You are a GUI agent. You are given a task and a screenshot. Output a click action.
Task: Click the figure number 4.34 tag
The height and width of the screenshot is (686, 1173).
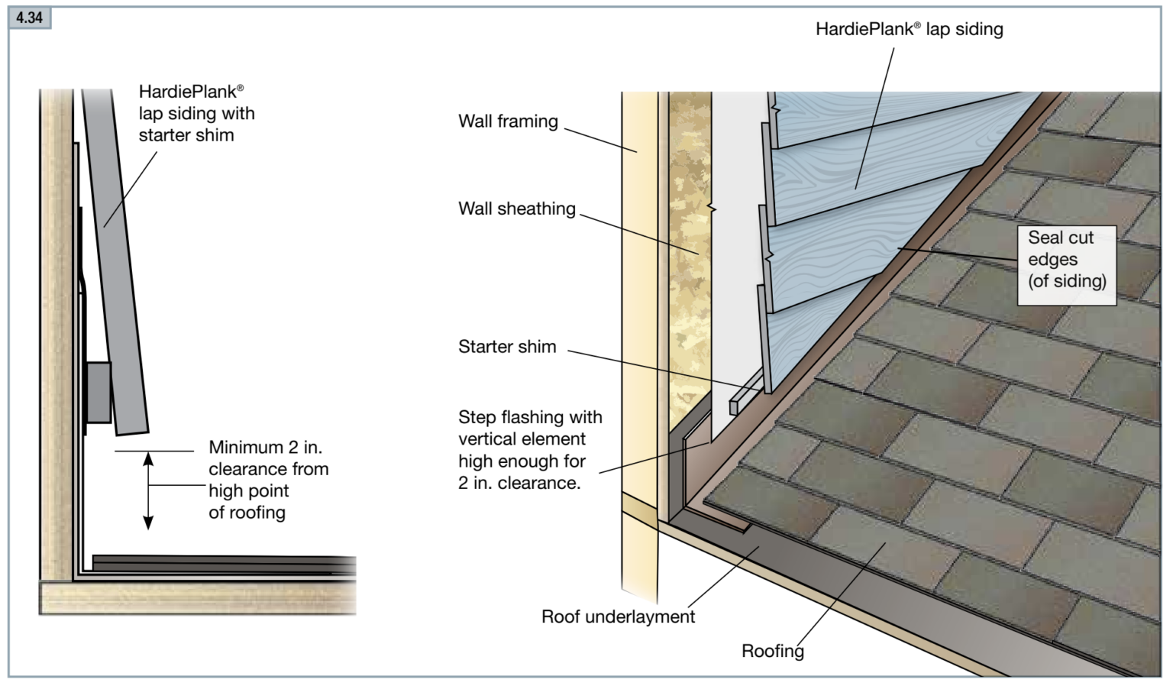pos(29,17)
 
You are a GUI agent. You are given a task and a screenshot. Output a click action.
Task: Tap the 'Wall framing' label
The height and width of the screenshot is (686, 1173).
pos(508,121)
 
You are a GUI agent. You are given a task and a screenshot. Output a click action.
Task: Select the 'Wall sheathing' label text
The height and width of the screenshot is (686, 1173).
pos(516,209)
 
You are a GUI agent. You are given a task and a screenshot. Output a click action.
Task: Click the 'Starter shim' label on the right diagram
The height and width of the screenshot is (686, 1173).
pos(507,347)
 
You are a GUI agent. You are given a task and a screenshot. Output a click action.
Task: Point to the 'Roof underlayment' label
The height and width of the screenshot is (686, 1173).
pos(618,616)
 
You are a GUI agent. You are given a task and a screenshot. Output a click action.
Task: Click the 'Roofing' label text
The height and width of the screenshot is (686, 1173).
pos(772,651)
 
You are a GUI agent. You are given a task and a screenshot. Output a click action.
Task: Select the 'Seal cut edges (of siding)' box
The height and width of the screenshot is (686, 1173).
pos(1066,260)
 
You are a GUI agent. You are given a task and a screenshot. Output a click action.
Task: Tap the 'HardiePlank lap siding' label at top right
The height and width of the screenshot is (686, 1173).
pos(909,29)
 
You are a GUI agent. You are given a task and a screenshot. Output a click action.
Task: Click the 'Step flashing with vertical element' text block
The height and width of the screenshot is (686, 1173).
pos(529,450)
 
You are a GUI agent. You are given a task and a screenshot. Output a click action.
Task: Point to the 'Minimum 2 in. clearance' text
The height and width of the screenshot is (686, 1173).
pos(268,480)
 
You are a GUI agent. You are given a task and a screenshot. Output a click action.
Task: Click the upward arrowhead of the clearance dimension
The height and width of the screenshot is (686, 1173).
pos(149,458)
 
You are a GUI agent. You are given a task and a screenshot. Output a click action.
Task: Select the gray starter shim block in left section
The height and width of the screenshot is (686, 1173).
pos(99,392)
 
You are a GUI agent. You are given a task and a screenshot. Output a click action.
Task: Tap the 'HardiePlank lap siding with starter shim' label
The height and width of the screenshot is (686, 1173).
pos(195,113)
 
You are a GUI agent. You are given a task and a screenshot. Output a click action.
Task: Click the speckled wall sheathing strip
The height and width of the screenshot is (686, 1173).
pos(690,252)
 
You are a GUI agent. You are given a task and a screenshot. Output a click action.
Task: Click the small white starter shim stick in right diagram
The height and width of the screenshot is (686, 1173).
pos(744,395)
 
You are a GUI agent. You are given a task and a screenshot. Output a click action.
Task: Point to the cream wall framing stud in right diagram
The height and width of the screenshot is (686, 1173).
pos(638,306)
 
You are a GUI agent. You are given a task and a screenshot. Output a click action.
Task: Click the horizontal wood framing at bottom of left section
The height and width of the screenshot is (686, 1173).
pos(199,598)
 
